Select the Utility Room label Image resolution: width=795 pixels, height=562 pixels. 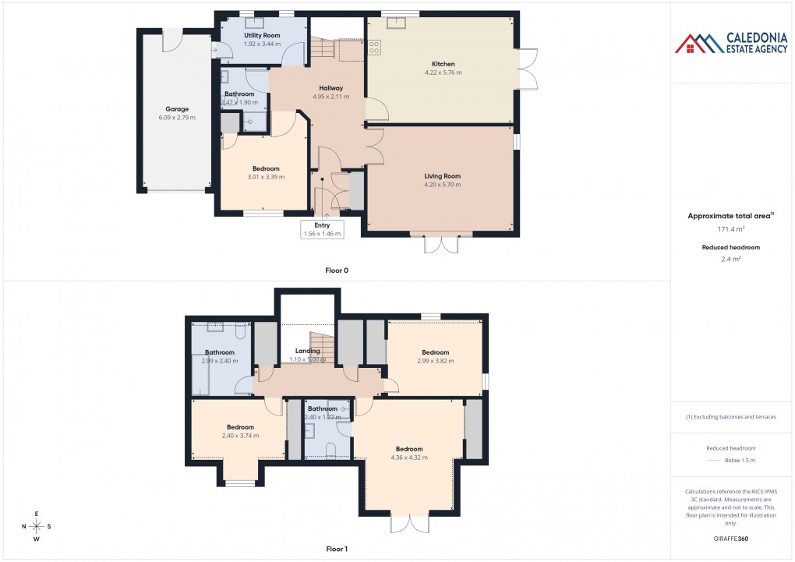tap(262, 36)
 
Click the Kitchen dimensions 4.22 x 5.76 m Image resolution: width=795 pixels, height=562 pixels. tap(443, 72)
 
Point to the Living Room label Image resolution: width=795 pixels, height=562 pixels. tap(443, 176)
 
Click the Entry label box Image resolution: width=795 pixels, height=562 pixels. tap(322, 228)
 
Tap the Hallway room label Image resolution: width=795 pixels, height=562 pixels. tap(330, 88)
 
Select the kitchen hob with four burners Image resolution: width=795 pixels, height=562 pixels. tap(373, 48)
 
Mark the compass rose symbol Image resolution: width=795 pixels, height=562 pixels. tap(37, 526)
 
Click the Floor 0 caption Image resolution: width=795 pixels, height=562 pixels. tap(337, 270)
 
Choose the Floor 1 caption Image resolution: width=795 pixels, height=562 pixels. tap(337, 549)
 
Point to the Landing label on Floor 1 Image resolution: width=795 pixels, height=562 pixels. tap(307, 351)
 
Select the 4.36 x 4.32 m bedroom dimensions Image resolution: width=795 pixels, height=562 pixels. tap(408, 458)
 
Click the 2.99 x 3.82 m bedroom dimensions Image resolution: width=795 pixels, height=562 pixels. tap(435, 361)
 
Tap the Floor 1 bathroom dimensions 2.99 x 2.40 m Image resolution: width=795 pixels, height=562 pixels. tap(219, 361)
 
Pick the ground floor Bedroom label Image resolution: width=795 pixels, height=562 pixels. tap(265, 168)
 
